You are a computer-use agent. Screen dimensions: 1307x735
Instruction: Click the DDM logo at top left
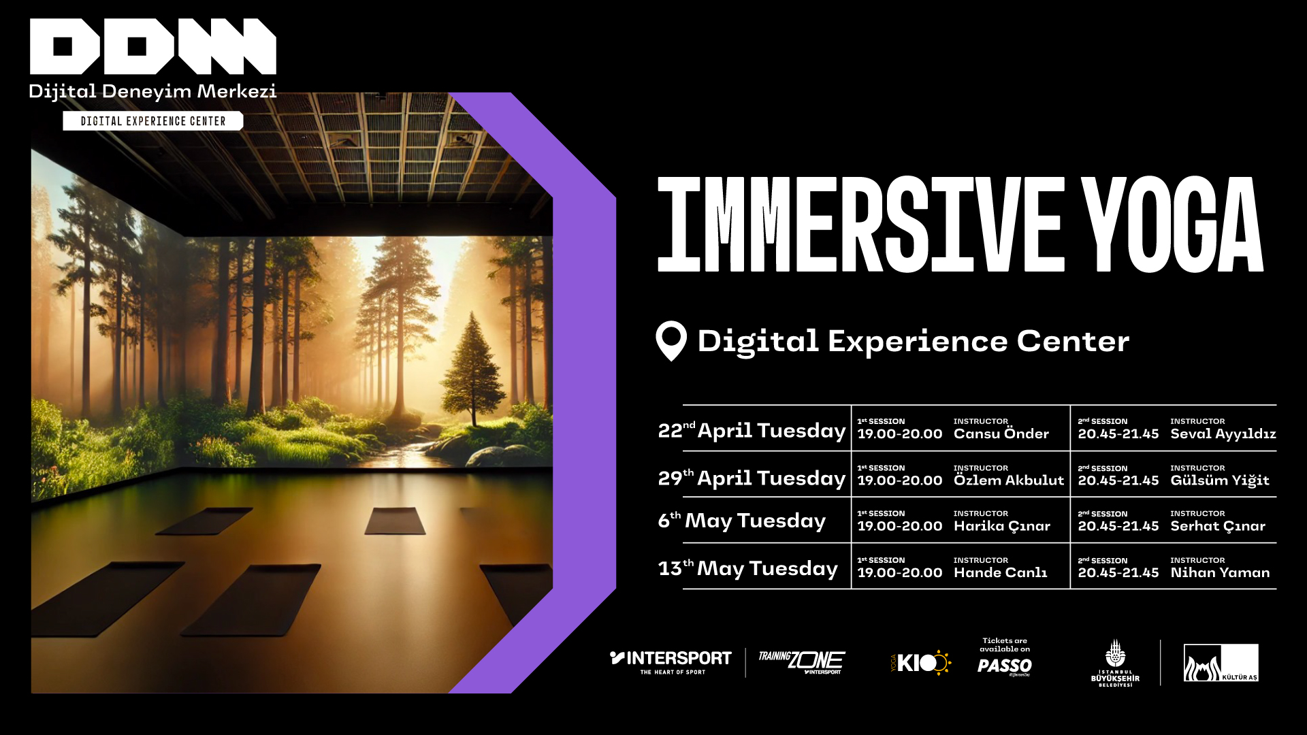153,46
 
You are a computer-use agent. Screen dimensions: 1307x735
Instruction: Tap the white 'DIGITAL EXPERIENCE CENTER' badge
153,121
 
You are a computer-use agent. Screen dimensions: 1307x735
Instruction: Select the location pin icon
671,341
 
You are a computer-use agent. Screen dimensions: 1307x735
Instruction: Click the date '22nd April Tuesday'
752,431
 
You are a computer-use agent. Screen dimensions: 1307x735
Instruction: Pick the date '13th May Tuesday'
747,568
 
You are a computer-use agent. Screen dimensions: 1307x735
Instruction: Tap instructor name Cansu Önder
1001,434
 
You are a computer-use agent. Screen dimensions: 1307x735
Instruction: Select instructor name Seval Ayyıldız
1223,434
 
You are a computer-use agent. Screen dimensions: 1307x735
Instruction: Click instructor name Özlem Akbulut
1009,480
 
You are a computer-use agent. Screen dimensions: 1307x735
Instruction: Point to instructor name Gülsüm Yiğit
1220,480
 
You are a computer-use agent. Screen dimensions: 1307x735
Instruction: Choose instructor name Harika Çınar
1002,526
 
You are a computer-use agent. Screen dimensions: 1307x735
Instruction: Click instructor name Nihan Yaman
1220,573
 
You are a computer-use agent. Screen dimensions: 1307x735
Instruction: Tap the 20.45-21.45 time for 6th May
1118,526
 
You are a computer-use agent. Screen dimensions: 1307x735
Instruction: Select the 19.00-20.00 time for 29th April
900,480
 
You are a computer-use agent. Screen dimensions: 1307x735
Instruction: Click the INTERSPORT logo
671,662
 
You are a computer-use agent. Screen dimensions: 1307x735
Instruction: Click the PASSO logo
1005,666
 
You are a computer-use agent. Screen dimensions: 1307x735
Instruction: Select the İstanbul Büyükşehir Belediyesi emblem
1115,663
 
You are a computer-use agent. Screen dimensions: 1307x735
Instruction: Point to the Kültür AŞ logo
1221,663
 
